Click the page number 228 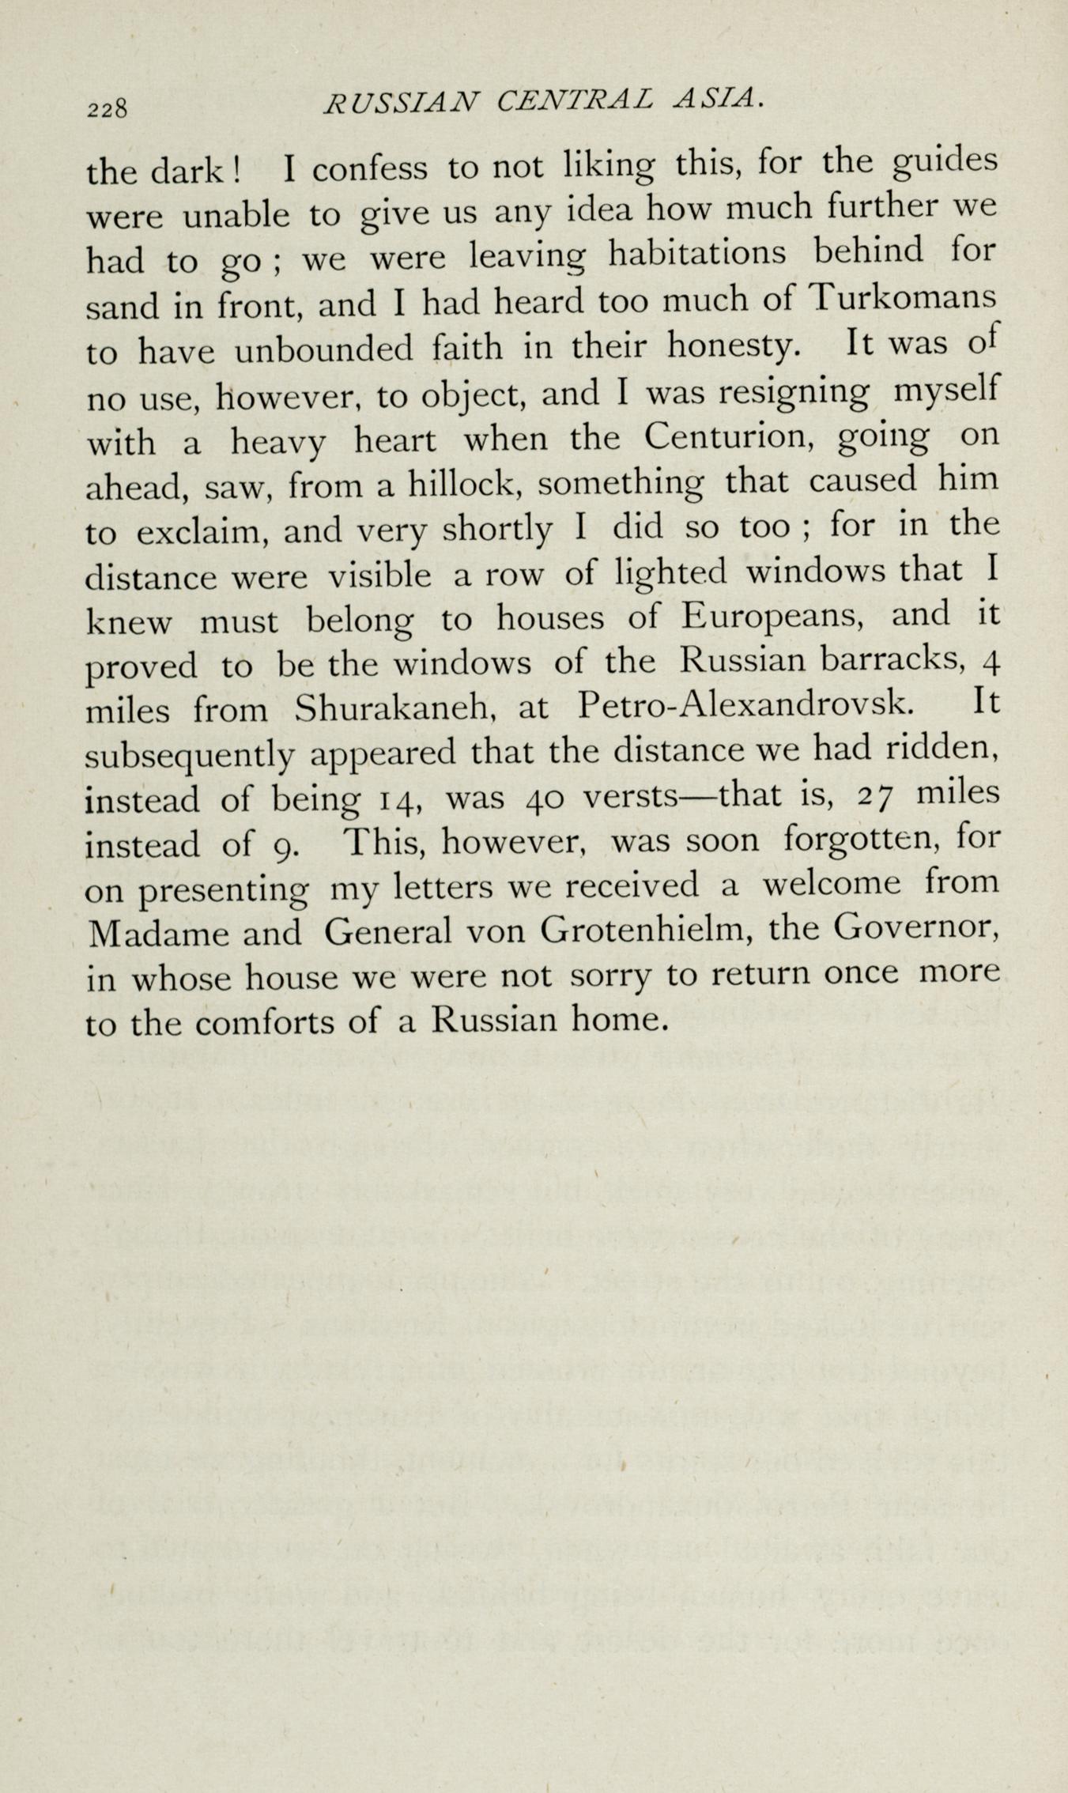[108, 109]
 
